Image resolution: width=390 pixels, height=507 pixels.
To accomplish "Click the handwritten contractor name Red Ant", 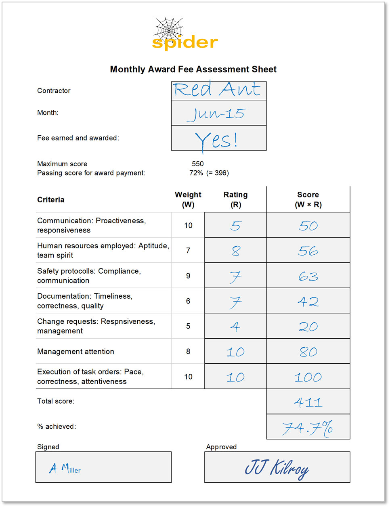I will coord(217,89).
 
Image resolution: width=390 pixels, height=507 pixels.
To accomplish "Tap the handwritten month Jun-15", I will coord(216,114).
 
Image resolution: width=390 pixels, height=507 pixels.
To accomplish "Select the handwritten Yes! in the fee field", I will coord(216,140).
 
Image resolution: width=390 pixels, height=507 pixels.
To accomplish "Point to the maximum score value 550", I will coord(198,164).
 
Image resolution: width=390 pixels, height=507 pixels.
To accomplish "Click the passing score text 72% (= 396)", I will coord(209,173).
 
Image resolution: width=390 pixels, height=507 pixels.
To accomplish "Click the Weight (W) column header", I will coord(188,199).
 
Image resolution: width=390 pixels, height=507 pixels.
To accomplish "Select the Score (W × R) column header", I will coord(308,199).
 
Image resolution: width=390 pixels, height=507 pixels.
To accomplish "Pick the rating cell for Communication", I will coord(236,226).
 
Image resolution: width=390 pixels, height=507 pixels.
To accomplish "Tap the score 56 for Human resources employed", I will coord(308,251).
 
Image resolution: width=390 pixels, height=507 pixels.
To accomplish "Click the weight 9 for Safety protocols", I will coord(188,276).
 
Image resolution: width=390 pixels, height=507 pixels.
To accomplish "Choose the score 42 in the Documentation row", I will coord(308,302).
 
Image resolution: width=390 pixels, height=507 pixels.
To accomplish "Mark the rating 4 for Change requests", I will coord(235,326).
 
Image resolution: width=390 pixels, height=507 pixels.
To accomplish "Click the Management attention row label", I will coord(75,352).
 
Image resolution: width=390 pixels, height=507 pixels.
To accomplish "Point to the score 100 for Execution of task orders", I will coord(308,377).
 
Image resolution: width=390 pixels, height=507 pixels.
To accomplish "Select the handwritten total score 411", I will coord(308,402).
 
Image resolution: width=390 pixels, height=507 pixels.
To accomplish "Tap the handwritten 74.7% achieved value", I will coord(308,427).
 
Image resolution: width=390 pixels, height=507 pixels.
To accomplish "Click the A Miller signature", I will coord(65,469).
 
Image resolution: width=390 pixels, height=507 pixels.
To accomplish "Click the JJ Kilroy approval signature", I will coord(277,468).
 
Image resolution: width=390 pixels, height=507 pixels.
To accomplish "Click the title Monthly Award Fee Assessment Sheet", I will coord(193,69).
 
